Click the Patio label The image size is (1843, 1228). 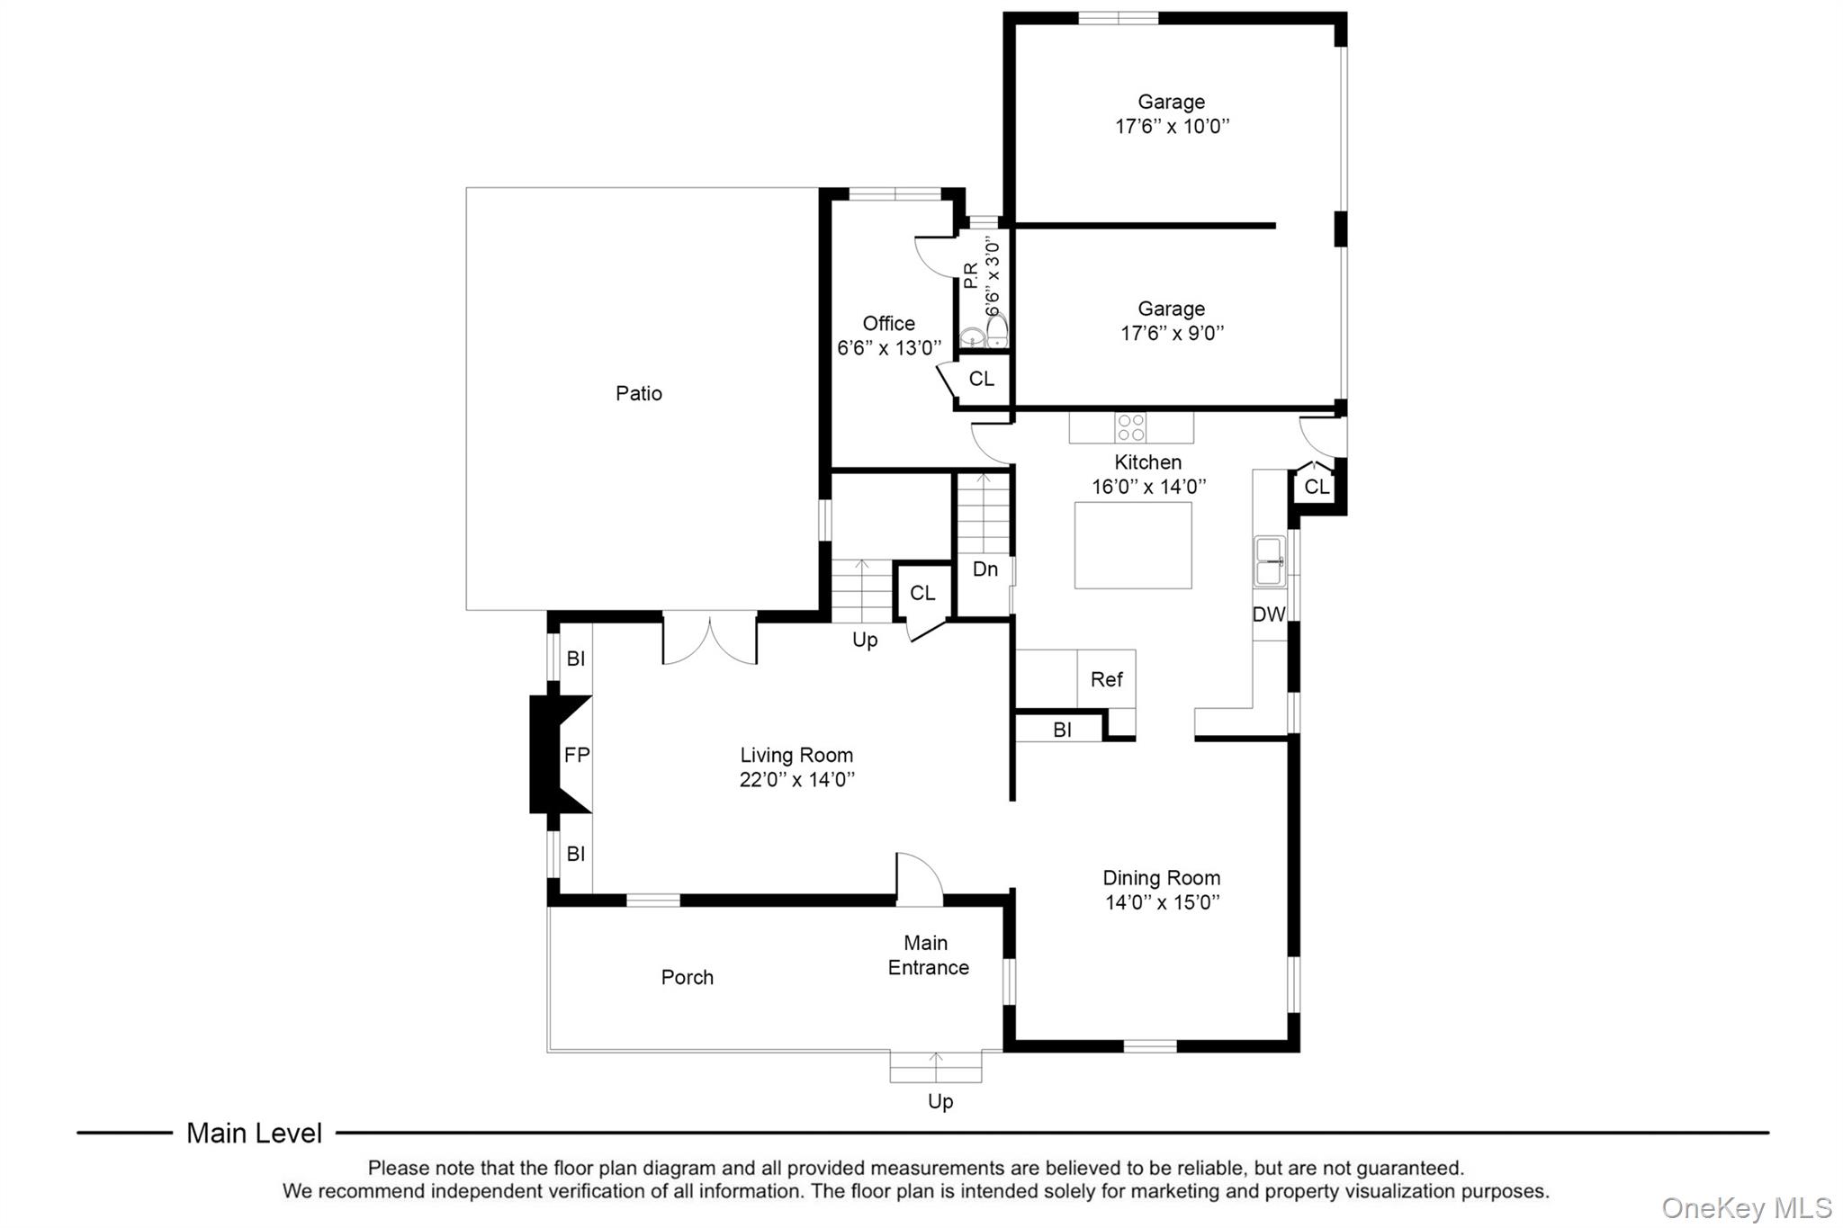point(639,393)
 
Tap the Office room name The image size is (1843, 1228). point(888,323)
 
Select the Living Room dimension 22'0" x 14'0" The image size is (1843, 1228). point(796,780)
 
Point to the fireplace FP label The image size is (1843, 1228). point(577,755)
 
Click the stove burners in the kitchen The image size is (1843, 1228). point(1131,427)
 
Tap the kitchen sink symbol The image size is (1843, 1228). point(1271,560)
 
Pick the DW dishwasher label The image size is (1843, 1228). point(1269,614)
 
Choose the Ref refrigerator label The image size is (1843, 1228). point(1106,679)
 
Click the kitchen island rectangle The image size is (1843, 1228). point(1133,545)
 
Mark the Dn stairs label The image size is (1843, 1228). point(985,569)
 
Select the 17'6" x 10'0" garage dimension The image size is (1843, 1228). point(1172,127)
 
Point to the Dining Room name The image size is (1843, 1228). point(1161,877)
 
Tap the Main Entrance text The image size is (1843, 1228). point(928,955)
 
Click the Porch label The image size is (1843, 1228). point(687,977)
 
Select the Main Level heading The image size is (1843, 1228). point(254,1133)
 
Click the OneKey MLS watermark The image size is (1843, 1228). point(1746,1207)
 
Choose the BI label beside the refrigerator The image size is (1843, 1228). point(1062,730)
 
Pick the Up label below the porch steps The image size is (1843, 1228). point(940,1101)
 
